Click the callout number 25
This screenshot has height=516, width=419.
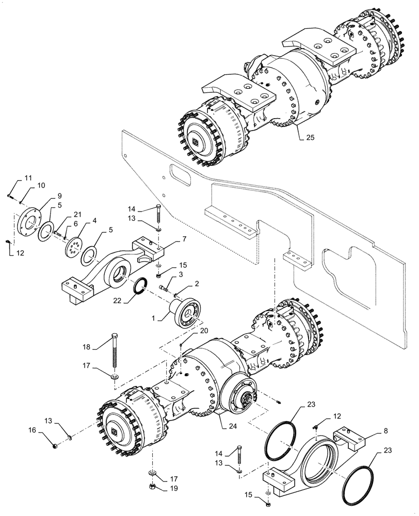click(x=309, y=138)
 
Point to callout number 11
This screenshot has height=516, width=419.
click(x=28, y=179)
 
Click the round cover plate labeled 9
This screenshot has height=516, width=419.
click(x=28, y=222)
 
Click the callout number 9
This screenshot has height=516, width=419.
click(x=59, y=196)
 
